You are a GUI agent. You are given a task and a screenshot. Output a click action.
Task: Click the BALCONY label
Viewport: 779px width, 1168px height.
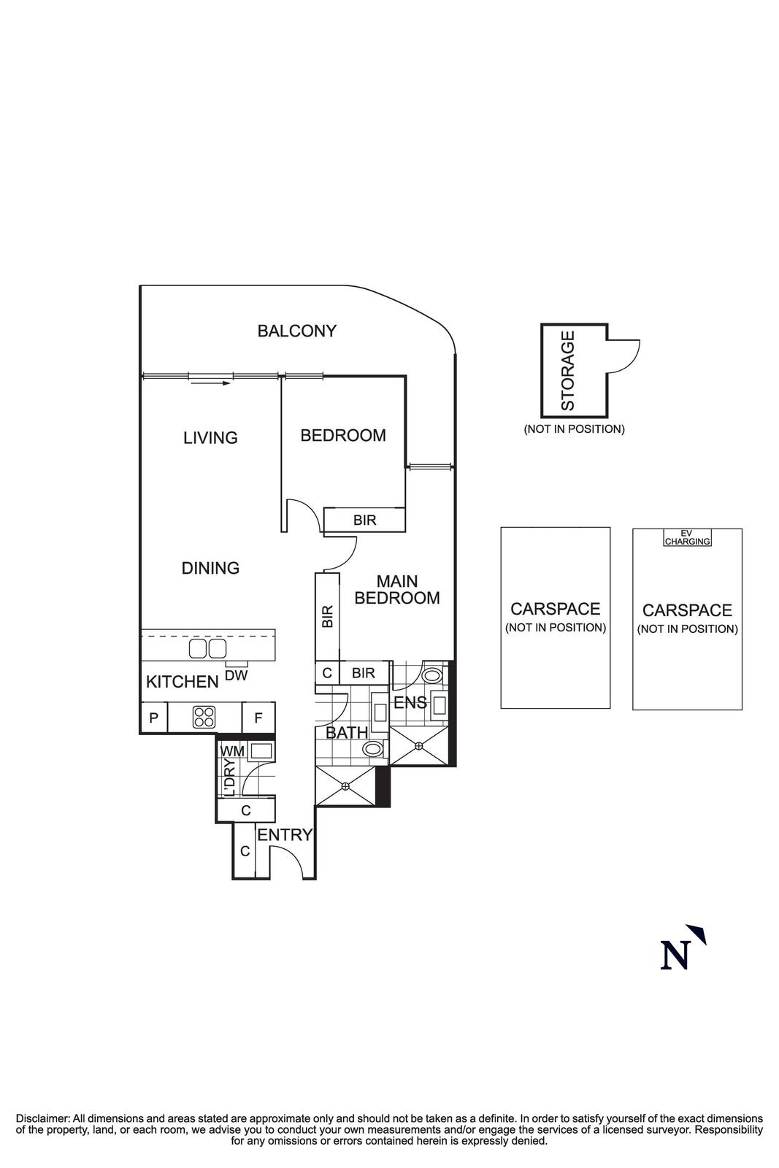tap(296, 331)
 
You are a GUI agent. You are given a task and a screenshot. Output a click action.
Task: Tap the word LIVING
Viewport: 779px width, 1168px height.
tap(210, 438)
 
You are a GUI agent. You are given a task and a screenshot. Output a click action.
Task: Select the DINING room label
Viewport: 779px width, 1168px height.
tap(210, 568)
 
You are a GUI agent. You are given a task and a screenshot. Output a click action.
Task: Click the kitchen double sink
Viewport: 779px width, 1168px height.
tap(207, 648)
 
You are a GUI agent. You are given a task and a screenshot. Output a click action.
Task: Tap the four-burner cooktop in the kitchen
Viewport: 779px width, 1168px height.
tap(204, 717)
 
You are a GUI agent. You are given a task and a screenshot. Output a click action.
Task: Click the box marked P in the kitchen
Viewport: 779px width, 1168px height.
tap(153, 718)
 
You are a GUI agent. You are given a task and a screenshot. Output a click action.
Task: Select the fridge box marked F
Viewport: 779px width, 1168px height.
tap(258, 718)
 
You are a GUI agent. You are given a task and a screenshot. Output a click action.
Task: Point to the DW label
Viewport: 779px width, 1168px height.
tap(236, 676)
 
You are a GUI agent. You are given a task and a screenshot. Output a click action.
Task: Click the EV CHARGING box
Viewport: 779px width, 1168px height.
tap(687, 539)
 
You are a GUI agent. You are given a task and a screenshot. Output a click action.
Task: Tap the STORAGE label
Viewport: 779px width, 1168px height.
tap(568, 370)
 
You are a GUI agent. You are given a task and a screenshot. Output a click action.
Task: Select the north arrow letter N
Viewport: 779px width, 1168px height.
tap(675, 956)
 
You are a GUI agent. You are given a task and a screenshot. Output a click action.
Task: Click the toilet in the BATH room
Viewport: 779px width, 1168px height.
tap(373, 748)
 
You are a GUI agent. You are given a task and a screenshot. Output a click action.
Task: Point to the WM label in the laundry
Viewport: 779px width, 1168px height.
tap(231, 751)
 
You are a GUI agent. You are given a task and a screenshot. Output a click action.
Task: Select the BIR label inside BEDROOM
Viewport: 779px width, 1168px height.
tap(364, 520)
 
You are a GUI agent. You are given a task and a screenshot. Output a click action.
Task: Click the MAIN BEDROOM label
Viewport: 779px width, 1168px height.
tap(396, 590)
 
